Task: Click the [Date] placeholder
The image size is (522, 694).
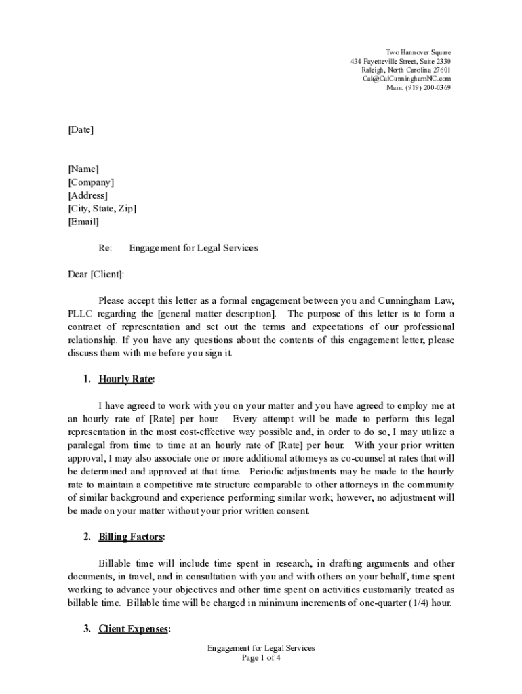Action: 81,129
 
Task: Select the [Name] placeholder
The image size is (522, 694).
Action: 83,169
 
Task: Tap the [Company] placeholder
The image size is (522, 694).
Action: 91,182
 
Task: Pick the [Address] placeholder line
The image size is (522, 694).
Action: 87,195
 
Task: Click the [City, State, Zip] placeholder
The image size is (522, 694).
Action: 102,208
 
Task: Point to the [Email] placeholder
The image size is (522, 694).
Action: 83,222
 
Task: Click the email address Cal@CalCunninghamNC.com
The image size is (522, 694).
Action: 406,79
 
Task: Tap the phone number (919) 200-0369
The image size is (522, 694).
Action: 428,87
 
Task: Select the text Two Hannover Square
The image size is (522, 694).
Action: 418,52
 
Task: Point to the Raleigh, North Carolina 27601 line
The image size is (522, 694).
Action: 405,70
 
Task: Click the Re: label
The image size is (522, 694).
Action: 105,248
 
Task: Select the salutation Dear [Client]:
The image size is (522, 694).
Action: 96,274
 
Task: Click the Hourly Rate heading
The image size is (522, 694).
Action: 127,379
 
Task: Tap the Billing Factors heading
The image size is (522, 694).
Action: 132,537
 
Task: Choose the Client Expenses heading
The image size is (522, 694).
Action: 134,629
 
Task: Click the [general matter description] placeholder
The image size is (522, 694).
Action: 217,314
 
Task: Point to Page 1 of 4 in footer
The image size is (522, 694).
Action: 261,657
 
